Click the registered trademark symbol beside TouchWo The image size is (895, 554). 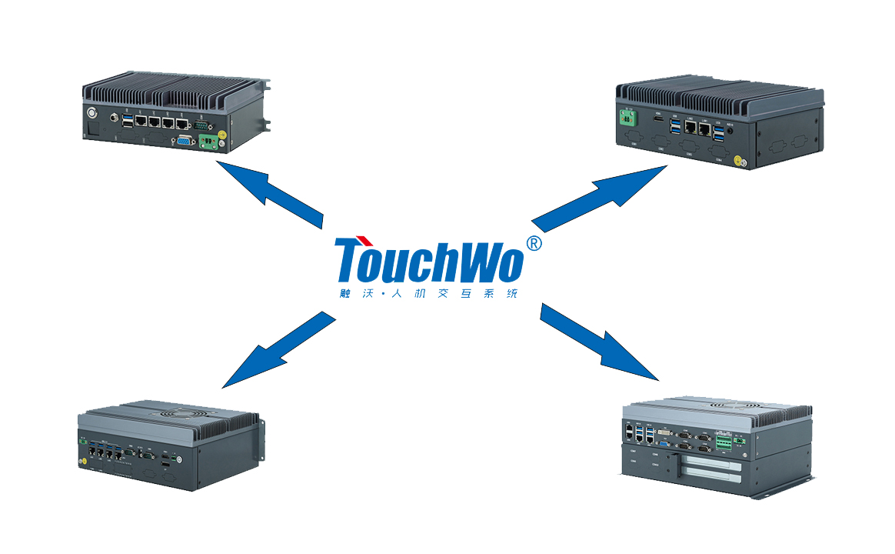(x=534, y=244)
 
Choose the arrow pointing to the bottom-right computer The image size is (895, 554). (x=599, y=342)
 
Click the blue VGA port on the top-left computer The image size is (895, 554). (x=185, y=140)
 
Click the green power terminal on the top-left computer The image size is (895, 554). (x=208, y=142)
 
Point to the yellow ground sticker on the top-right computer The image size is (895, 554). (x=737, y=162)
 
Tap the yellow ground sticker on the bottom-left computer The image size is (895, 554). (x=82, y=462)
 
